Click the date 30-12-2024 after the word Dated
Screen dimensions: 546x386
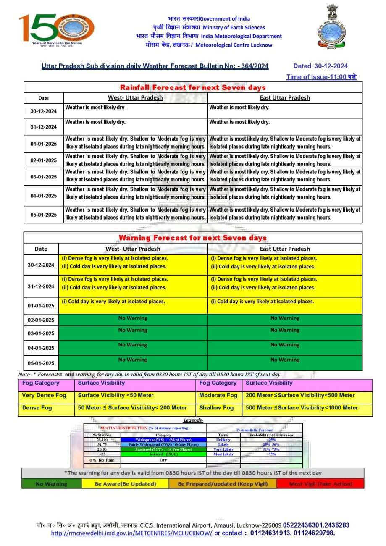pyautogui.click(x=331, y=66)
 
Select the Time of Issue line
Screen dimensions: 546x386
pyautogui.click(x=321, y=77)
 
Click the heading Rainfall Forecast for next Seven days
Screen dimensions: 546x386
pyautogui.click(x=193, y=87)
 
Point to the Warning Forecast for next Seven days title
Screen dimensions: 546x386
pyautogui.click(x=193, y=238)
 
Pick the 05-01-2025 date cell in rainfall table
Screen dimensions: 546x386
pyautogui.click(x=43, y=215)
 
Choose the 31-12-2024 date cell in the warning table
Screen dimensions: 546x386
pyautogui.click(x=41, y=286)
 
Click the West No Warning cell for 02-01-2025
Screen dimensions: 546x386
pyautogui.click(x=133, y=318)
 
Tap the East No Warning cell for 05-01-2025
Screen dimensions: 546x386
pyautogui.click(x=285, y=360)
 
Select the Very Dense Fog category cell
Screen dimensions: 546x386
pyautogui.click(x=44, y=395)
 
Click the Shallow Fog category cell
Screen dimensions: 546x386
pyautogui.click(x=216, y=408)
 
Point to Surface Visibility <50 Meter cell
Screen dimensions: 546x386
pyautogui.click(x=116, y=395)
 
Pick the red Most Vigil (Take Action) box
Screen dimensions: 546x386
pyautogui.click(x=321, y=484)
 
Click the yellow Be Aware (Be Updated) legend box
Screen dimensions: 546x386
pyautogui.click(x=125, y=484)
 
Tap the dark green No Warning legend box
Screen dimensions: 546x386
pyautogui.click(x=51, y=484)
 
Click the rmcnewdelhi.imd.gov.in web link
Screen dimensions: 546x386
pyautogui.click(x=131, y=533)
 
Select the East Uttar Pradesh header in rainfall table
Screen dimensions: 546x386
pyautogui.click(x=285, y=98)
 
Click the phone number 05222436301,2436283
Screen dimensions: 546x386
pyautogui.click(x=316, y=525)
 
